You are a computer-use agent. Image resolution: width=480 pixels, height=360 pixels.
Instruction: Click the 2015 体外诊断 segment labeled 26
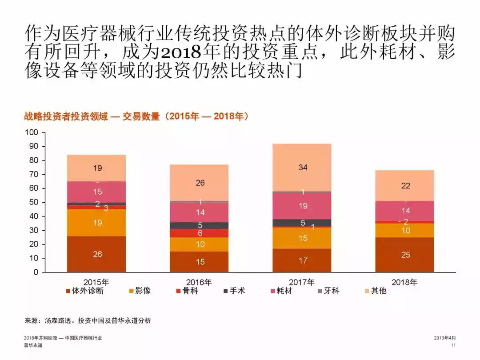(x=97, y=254)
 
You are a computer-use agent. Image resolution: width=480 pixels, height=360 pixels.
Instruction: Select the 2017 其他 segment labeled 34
(x=302, y=168)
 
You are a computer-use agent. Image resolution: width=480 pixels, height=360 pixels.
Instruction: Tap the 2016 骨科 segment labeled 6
(x=200, y=233)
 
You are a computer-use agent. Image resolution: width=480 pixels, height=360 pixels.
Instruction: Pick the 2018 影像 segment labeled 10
(x=405, y=230)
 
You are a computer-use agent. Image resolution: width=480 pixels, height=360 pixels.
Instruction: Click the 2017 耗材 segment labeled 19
(x=302, y=206)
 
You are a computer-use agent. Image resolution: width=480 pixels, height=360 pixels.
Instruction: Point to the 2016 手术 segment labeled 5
(x=200, y=225)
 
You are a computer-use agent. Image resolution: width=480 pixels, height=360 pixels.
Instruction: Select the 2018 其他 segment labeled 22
(x=405, y=185)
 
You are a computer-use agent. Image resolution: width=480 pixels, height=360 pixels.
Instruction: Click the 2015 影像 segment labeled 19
(x=97, y=222)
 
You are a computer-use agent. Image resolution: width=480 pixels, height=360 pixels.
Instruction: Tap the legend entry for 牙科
(x=329, y=291)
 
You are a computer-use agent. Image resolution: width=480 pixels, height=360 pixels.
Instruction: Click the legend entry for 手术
(x=234, y=291)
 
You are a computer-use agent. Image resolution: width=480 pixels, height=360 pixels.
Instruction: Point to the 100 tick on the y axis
(x=32, y=132)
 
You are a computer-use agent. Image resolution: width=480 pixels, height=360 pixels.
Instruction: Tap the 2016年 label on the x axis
(x=199, y=282)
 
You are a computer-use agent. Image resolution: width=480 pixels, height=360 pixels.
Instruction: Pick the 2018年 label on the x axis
(x=404, y=282)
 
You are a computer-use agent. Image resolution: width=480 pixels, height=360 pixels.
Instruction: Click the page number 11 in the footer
(x=453, y=345)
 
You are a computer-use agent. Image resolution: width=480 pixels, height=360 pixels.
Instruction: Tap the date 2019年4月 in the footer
(x=444, y=338)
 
